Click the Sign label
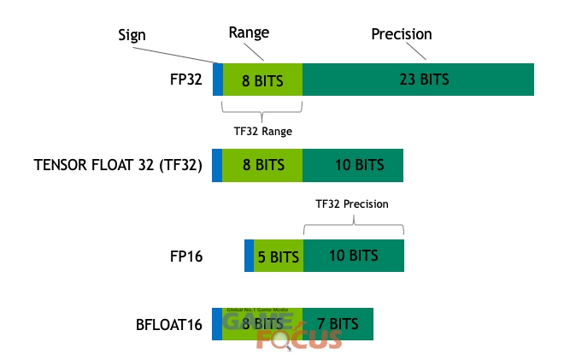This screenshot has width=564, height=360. pos(132,36)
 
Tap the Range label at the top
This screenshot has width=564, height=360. pos(249,32)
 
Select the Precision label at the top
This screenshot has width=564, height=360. pos(402,34)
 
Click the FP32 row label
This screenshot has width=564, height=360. pos(186,80)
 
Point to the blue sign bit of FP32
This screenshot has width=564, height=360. pos(218,80)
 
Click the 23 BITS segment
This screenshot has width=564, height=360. pos(418,80)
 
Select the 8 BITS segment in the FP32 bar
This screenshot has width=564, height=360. pos(262,80)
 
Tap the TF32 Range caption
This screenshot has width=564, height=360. pos(263,132)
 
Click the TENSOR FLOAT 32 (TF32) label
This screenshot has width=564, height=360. pos(118,165)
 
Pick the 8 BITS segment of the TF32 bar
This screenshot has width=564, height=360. pos(262,165)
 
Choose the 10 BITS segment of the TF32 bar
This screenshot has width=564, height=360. pos(353,165)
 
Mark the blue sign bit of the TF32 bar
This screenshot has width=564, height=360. pos(217,165)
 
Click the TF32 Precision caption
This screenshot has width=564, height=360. pos(352,204)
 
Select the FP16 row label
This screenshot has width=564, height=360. pos(186,257)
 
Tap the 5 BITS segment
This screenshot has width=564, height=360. pos(279,256)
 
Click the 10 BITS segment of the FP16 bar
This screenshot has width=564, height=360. pos(354,256)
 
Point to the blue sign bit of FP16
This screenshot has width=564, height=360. pos(250,256)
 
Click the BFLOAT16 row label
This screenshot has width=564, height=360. pos(169,325)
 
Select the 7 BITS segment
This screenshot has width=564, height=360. pos(338,324)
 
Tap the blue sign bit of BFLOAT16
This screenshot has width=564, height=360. pos(217,324)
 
